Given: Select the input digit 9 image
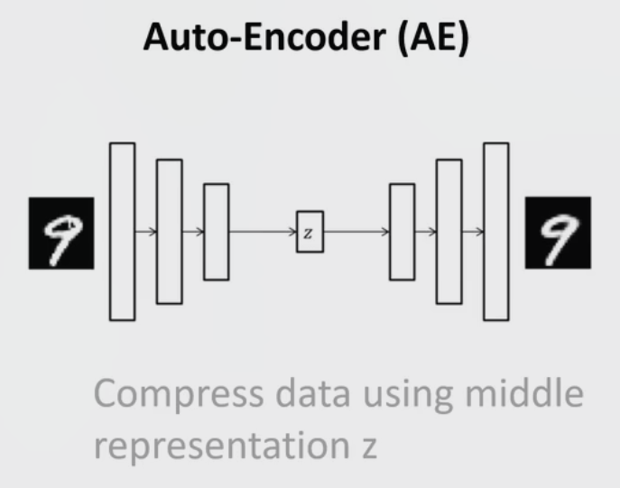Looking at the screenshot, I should tap(60, 232).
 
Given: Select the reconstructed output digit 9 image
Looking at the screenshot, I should tap(558, 232).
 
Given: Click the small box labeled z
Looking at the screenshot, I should tap(310, 232).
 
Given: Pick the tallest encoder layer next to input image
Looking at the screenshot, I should tap(122, 231).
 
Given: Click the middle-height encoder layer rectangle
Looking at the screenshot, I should tap(169, 231).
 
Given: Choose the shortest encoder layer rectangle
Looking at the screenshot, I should tap(216, 231).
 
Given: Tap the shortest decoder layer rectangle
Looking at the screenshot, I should tap(402, 231).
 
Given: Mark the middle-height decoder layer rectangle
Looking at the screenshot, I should tap(449, 231).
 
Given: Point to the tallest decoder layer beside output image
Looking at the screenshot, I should tap(495, 231).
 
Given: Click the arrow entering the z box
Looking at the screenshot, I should tap(263, 232).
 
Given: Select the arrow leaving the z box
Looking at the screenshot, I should tap(356, 232).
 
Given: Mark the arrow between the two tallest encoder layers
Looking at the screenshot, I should tap(145, 232).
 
